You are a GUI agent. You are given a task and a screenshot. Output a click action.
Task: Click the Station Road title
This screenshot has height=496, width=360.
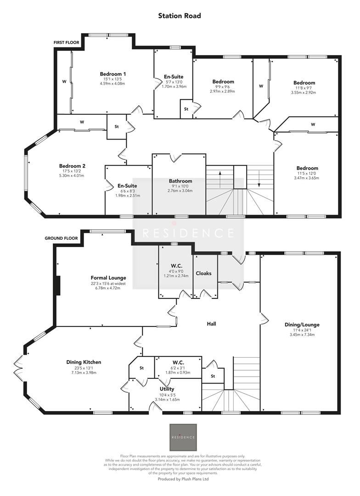[180, 16]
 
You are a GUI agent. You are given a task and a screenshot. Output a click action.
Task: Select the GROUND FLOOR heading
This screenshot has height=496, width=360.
[62, 238]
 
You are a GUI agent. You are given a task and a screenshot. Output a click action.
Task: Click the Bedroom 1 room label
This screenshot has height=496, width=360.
[113, 74]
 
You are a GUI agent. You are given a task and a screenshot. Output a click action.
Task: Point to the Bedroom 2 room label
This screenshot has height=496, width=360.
[72, 166]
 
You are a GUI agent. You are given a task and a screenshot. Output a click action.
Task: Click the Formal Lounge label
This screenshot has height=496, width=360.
[108, 278]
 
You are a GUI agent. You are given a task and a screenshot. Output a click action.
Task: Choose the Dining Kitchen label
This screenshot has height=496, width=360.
[84, 362]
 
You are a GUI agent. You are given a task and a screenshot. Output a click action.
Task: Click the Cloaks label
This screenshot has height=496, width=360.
[204, 273]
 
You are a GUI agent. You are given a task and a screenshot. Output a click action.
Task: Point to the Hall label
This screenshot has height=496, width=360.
[211, 324]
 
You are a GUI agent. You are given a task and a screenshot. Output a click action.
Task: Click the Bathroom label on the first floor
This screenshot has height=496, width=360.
[180, 181]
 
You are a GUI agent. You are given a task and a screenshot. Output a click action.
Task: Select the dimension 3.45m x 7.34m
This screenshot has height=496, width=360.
[302, 335]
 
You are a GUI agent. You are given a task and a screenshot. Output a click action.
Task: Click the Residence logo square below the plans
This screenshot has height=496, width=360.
[183, 437]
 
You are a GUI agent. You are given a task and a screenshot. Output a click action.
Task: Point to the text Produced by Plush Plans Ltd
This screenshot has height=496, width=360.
[183, 479]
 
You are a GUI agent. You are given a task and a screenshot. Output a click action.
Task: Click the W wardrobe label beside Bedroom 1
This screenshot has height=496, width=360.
[64, 83]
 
